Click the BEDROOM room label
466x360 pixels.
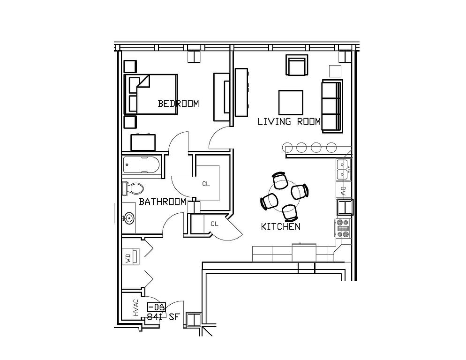[178, 104]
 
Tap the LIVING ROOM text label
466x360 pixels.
[289, 121]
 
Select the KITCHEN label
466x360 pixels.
[280, 227]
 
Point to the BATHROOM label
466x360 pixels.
[162, 202]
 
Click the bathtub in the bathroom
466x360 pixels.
[142, 165]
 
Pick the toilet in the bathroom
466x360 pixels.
[134, 188]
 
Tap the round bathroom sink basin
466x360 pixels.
[129, 218]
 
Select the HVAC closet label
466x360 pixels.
[135, 307]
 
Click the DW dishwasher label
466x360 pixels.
[343, 191]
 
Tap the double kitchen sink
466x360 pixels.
[343, 169]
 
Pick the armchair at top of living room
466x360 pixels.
[296, 66]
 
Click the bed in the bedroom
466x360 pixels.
[151, 94]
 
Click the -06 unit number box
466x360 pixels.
[156, 307]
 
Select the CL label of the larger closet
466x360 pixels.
[206, 184]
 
